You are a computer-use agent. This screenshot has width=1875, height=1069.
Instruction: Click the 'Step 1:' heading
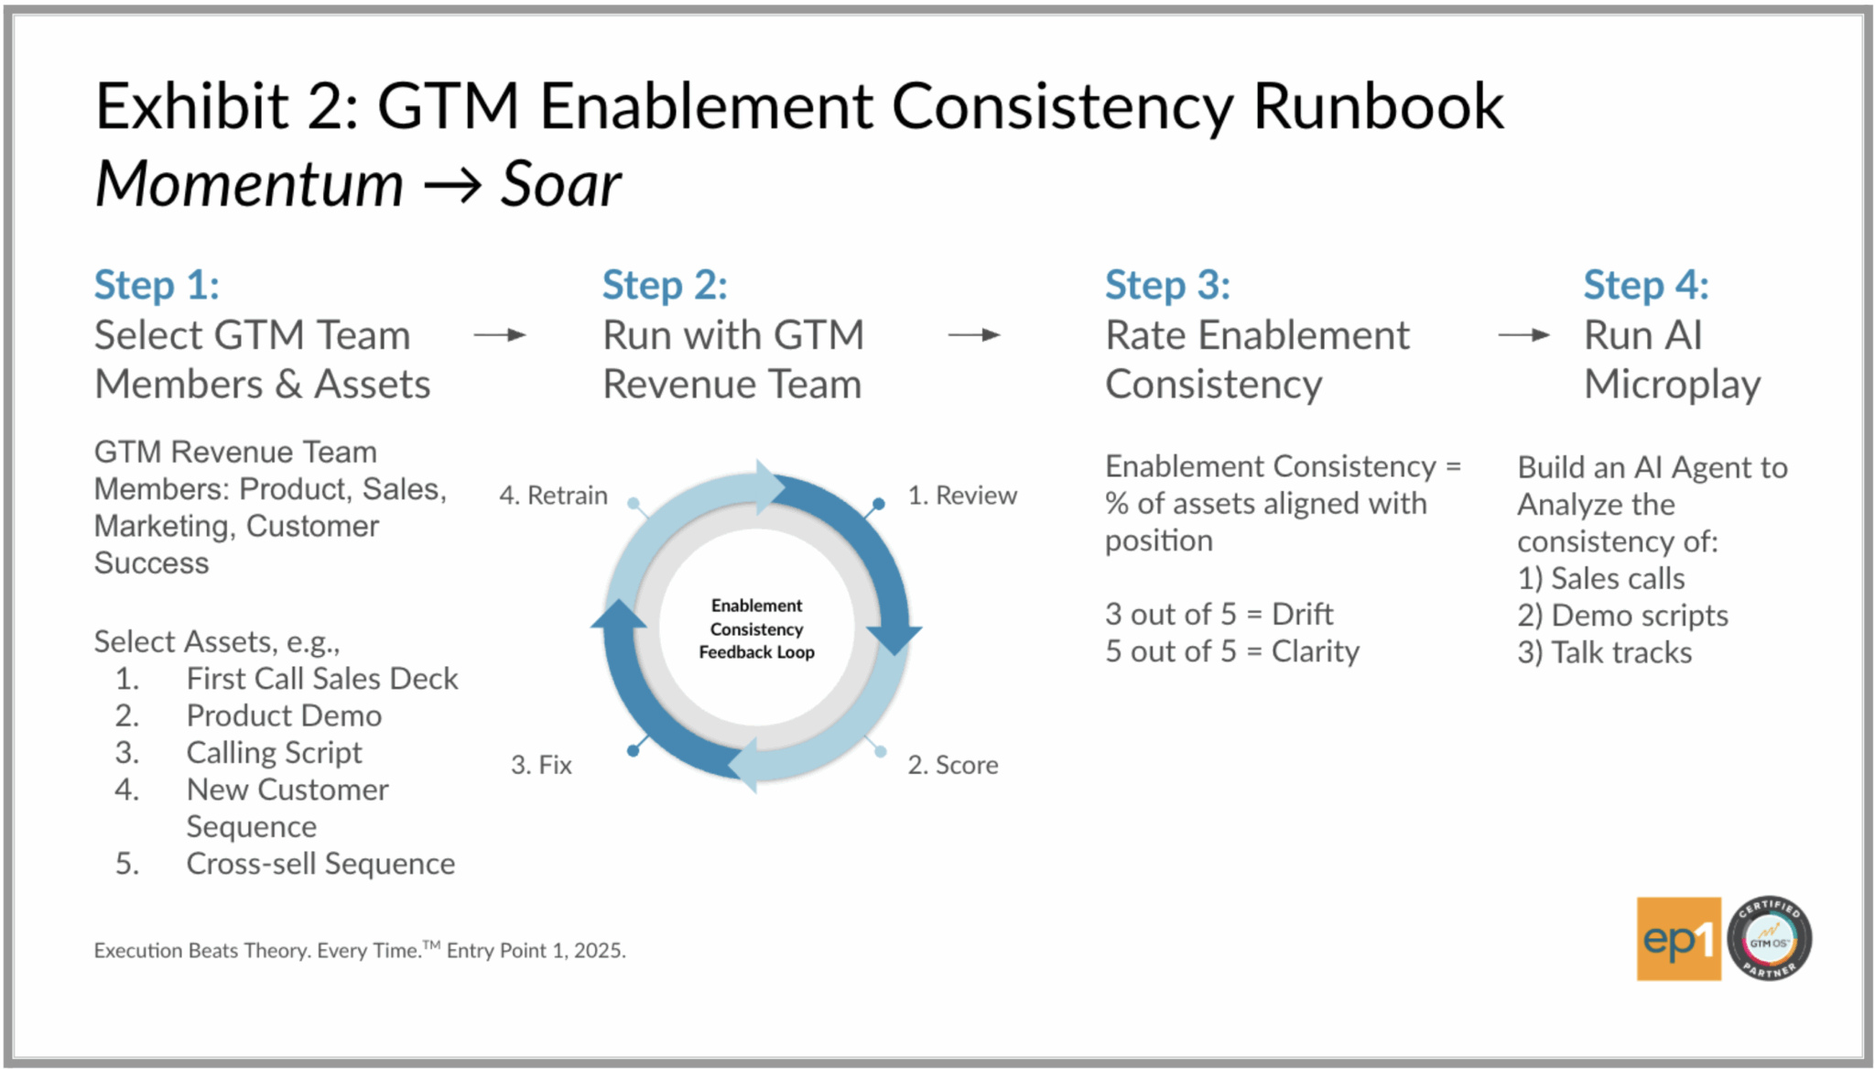click(x=157, y=286)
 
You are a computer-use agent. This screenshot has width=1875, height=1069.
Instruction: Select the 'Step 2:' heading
click(x=665, y=286)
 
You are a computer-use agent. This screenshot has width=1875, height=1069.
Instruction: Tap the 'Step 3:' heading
click(x=1167, y=286)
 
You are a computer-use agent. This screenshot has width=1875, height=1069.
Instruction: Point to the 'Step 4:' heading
click(x=1646, y=286)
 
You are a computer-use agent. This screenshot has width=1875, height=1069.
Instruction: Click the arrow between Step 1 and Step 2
click(x=500, y=335)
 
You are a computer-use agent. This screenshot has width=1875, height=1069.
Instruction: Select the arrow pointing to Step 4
click(x=1524, y=335)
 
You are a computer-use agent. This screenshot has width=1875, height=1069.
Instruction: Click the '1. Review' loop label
click(x=962, y=496)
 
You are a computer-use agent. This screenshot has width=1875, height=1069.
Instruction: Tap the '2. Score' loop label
click(x=953, y=765)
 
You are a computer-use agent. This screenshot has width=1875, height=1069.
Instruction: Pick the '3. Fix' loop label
click(x=541, y=765)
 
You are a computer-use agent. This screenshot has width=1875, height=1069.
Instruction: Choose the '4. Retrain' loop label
click(x=553, y=496)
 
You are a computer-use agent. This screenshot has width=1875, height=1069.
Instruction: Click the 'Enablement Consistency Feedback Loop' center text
click(x=757, y=628)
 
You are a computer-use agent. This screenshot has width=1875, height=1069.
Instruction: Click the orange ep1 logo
click(x=1679, y=939)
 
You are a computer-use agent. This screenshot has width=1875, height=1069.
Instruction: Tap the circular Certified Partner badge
click(x=1770, y=939)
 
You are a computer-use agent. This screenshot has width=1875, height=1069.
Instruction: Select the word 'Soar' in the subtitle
click(x=560, y=184)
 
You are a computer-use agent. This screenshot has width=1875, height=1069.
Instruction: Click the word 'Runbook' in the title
click(x=1378, y=106)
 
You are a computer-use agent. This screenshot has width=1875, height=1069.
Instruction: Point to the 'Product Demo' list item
click(x=284, y=715)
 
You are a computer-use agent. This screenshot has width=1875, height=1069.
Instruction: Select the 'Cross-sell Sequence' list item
click(x=320, y=864)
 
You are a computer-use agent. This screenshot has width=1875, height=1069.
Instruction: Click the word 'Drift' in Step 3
click(x=1303, y=614)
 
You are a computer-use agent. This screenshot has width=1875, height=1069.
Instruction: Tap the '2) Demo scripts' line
click(x=1622, y=616)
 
